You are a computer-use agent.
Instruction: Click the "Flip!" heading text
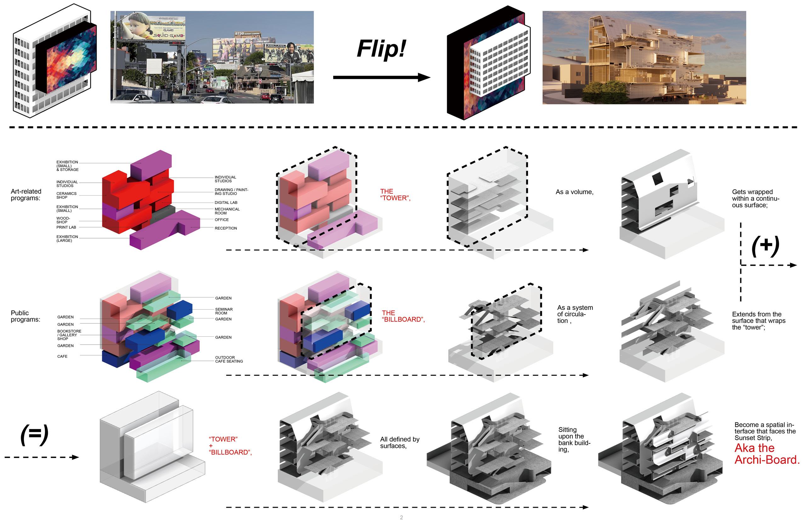(381, 49)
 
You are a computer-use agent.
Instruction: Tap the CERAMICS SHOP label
(66, 195)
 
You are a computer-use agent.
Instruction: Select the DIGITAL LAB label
(226, 203)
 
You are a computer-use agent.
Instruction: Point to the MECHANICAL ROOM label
(227, 211)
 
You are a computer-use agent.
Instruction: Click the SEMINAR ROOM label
(224, 311)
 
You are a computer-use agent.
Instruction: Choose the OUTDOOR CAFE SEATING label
(229, 359)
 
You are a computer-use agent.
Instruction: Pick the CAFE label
(62, 356)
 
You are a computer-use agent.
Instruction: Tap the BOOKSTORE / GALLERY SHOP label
(69, 335)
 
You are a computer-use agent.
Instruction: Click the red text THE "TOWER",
(395, 195)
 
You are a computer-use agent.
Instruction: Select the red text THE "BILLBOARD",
(403, 316)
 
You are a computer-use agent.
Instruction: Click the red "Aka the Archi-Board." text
(766, 454)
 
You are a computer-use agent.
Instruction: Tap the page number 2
(401, 517)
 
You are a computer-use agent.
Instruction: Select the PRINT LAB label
(66, 227)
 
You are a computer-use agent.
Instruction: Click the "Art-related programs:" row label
(26, 195)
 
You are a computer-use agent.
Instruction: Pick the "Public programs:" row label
(25, 316)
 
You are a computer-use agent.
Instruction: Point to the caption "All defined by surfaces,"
(400, 443)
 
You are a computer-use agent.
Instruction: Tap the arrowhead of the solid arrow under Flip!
(424, 77)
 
